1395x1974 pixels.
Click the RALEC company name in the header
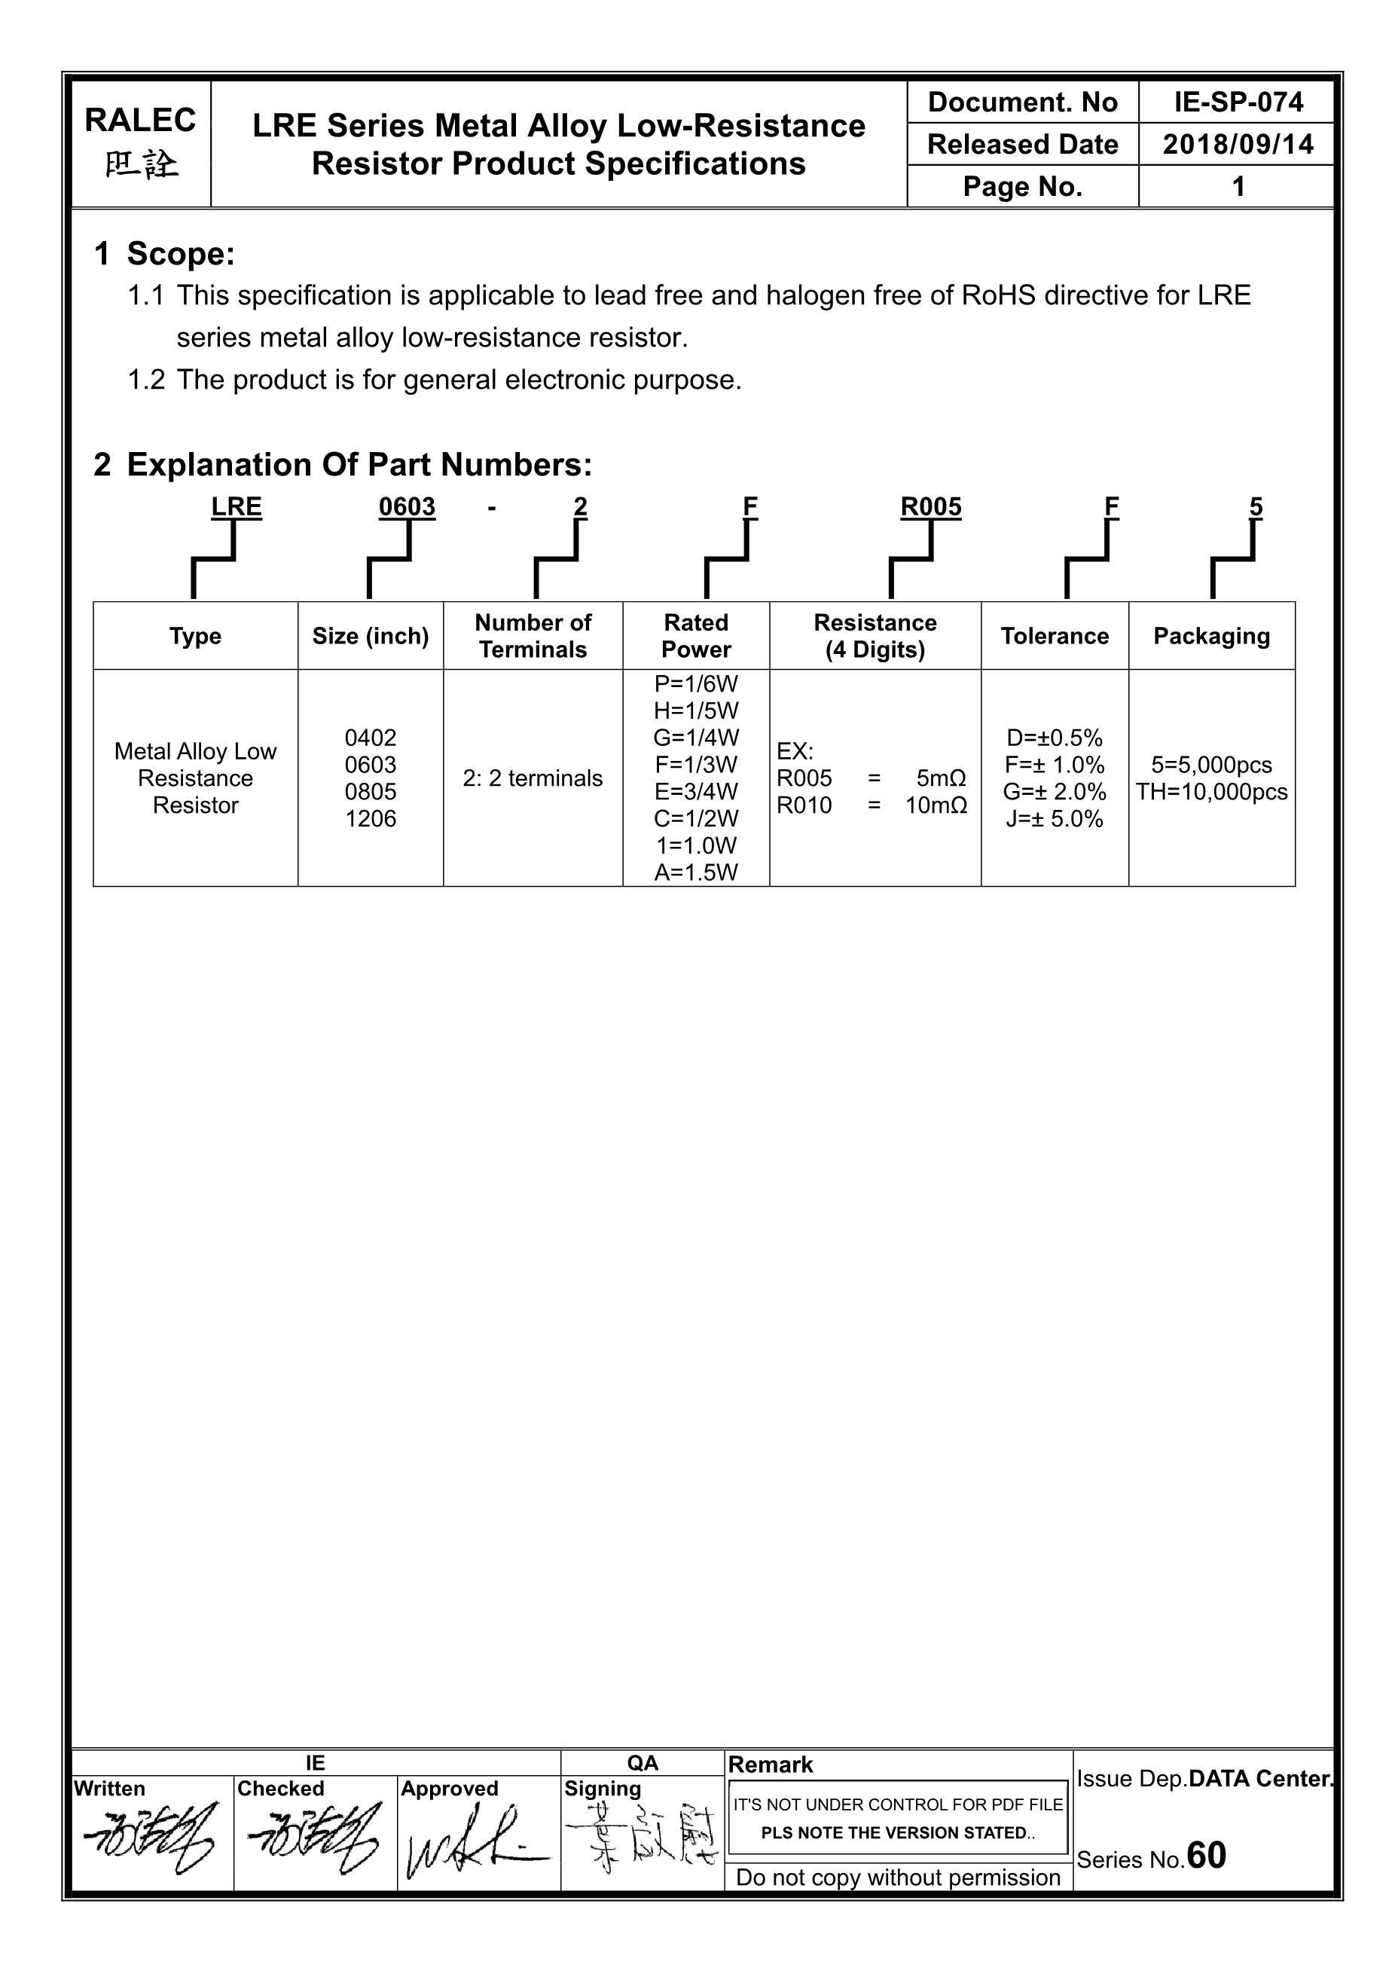[140, 121]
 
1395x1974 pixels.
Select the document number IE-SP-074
[1238, 102]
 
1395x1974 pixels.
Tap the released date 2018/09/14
[1238, 145]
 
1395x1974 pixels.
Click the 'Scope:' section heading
[181, 254]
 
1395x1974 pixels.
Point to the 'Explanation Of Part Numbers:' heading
[359, 465]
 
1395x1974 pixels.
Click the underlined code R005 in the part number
[931, 507]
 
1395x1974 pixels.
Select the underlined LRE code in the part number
[237, 507]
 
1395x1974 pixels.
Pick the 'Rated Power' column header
[695, 635]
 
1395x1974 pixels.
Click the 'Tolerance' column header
[1054, 636]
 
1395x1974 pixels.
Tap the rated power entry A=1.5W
[695, 872]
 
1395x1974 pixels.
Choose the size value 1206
[371, 818]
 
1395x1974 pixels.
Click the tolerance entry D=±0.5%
[1054, 738]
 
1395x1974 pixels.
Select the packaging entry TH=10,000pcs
[1211, 792]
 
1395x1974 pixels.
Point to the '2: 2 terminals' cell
[532, 778]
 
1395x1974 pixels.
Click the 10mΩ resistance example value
[936, 805]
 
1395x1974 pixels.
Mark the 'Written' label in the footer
[109, 1789]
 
